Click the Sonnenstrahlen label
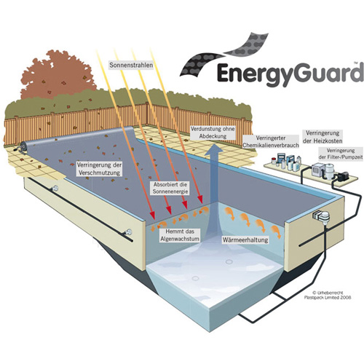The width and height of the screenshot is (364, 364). tap(131, 65)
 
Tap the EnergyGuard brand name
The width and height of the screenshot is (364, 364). tap(289, 73)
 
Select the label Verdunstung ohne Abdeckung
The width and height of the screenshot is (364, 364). tap(213, 132)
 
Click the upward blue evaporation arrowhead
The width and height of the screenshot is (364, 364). tap(213, 149)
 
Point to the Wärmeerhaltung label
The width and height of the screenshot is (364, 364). tap(245, 240)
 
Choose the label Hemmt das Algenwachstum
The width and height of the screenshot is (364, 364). tap(180, 235)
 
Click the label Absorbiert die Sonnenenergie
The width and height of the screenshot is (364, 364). tap(170, 188)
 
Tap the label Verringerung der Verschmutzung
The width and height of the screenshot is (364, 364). tap(99, 169)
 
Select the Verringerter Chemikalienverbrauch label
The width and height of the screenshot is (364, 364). tap(271, 142)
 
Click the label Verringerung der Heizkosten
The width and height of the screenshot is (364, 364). tap(323, 137)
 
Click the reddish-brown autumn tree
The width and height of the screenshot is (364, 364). tap(57, 74)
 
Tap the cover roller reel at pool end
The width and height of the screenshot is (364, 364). tap(23, 147)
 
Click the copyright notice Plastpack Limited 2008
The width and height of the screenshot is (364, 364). tap(328, 295)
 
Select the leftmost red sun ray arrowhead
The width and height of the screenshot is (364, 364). tap(152, 214)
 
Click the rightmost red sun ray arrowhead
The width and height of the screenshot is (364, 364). tap(200, 199)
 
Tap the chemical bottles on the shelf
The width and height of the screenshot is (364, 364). tap(286, 161)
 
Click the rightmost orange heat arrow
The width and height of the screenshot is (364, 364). tap(276, 232)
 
